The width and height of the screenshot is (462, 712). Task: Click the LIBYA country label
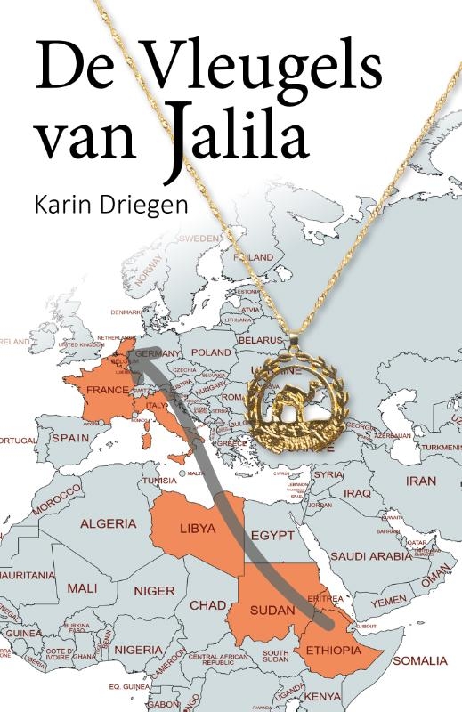point(198,528)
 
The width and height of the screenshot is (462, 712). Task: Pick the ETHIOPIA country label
point(333,651)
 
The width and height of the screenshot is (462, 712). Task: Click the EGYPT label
point(272,536)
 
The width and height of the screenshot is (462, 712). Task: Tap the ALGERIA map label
point(109,523)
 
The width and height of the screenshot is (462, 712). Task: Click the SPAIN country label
point(71,438)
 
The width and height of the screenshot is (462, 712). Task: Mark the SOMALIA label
point(420,660)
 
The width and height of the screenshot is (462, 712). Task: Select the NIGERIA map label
point(139,649)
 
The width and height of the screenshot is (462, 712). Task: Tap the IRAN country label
point(421,481)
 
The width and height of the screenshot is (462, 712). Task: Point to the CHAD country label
point(207,605)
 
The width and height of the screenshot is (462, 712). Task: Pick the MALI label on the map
point(82,587)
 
